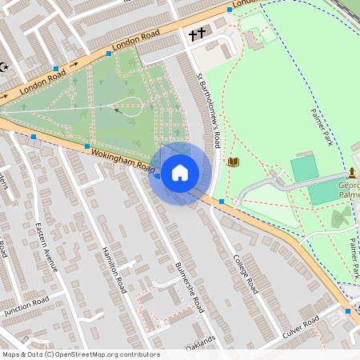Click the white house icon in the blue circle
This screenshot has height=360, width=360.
(x=180, y=172)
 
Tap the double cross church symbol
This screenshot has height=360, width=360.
(x=197, y=34)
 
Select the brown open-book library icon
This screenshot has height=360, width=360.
(x=234, y=162)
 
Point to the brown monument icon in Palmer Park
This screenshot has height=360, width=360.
(x=351, y=173)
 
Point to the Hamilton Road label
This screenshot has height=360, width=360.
(x=112, y=269)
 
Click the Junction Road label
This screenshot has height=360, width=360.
(x=26, y=305)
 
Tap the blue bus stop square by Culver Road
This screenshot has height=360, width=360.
(x=348, y=310)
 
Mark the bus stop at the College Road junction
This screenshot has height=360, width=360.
(x=221, y=201)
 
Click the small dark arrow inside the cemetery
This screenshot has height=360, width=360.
(x=119, y=112)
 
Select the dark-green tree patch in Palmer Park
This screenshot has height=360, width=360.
(x=341, y=216)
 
